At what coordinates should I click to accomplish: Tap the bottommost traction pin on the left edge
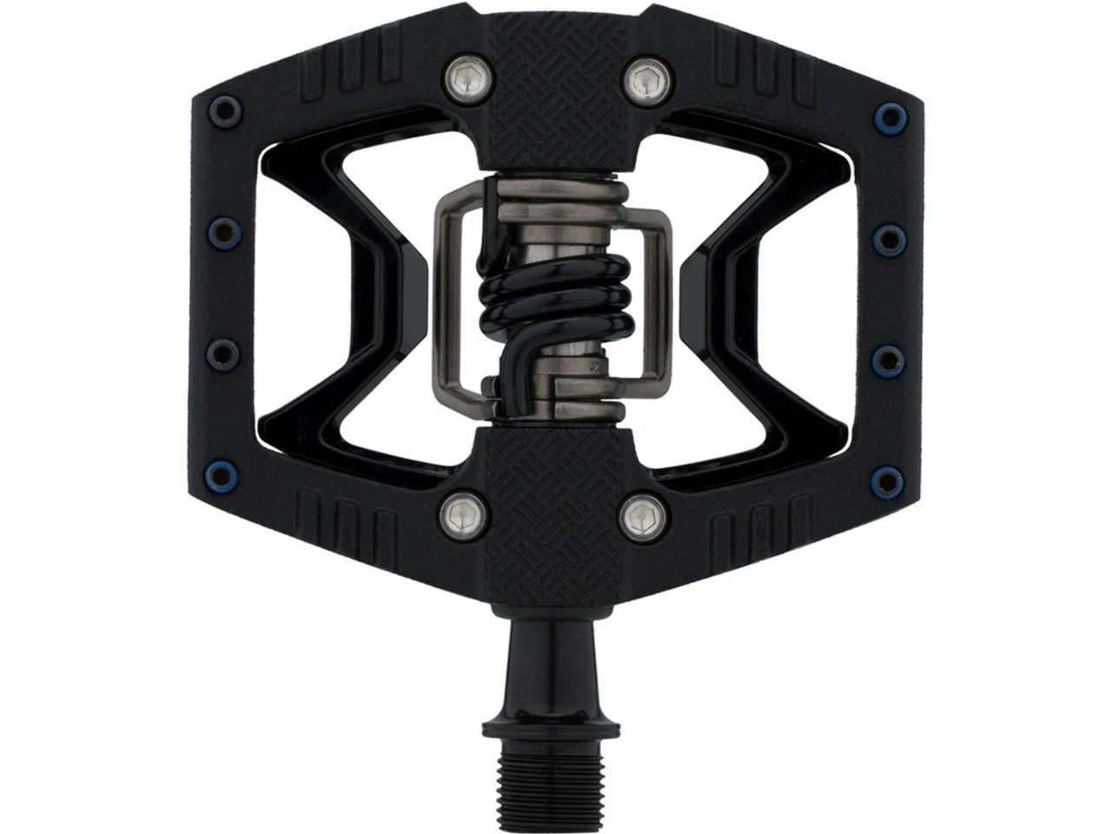(228, 479)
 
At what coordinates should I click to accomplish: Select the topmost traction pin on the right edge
(887, 114)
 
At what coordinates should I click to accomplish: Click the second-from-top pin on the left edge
(215, 234)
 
